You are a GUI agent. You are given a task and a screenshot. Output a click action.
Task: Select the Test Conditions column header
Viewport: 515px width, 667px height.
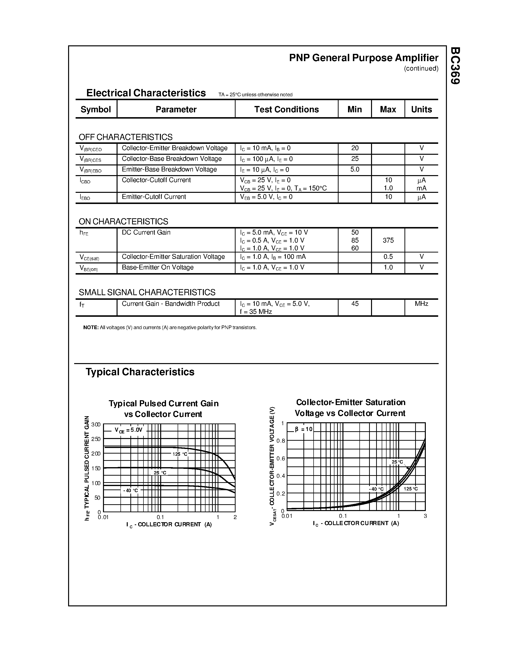286,109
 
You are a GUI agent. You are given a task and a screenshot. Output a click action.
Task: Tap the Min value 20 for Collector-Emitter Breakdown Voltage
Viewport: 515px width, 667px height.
355,148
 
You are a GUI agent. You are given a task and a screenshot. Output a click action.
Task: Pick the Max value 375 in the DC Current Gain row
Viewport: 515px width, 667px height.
388,240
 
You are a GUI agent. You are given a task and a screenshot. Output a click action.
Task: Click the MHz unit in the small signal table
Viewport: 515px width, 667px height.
421,304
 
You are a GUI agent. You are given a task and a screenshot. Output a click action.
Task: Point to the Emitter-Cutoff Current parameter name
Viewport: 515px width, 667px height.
154,197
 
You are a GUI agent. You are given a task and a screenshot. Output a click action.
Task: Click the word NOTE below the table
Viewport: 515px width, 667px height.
91,327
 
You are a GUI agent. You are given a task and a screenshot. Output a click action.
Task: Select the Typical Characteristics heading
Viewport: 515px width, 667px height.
140,372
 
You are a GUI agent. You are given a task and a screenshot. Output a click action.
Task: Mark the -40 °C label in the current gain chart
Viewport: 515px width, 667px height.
131,490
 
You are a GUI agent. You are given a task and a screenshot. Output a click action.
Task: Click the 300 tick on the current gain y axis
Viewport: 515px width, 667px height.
96,424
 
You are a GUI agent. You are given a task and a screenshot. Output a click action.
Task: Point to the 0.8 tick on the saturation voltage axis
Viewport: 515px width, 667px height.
281,441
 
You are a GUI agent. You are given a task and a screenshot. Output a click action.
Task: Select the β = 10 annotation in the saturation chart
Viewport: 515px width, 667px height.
304,429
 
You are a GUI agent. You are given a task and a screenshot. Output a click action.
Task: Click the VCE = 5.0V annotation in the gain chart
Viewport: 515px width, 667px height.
128,430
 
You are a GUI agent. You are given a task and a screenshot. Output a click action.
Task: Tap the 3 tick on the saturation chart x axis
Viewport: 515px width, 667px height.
425,516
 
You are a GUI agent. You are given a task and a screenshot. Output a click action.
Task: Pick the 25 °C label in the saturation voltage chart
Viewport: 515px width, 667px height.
397,462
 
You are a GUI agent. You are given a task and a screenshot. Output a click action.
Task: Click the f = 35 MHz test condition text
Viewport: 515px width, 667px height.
256,311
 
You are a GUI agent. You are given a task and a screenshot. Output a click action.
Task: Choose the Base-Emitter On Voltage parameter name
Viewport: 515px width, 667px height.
158,267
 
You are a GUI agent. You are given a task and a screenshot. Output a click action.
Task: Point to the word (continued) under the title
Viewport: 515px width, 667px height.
421,68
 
